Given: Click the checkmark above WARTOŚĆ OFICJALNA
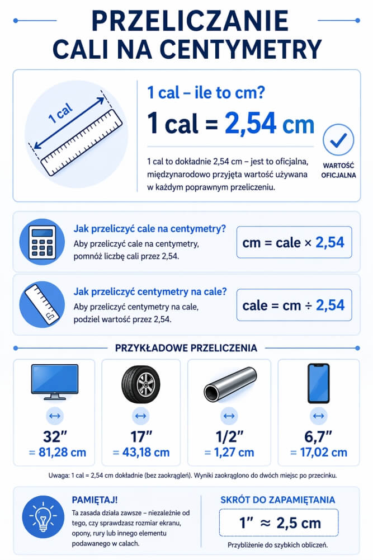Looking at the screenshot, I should [x=338, y=140].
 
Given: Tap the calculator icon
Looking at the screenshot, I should [x=43, y=242].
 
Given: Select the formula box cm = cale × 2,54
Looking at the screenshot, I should [x=294, y=242].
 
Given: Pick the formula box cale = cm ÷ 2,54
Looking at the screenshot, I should [x=294, y=305].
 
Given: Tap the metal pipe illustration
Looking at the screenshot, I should [x=230, y=384].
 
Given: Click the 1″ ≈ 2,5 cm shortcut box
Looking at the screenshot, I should [x=278, y=523].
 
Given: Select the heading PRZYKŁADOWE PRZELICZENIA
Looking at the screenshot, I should [x=186, y=348].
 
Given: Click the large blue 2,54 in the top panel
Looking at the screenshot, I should [x=249, y=125].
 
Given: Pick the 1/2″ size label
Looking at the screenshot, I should [x=229, y=436].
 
